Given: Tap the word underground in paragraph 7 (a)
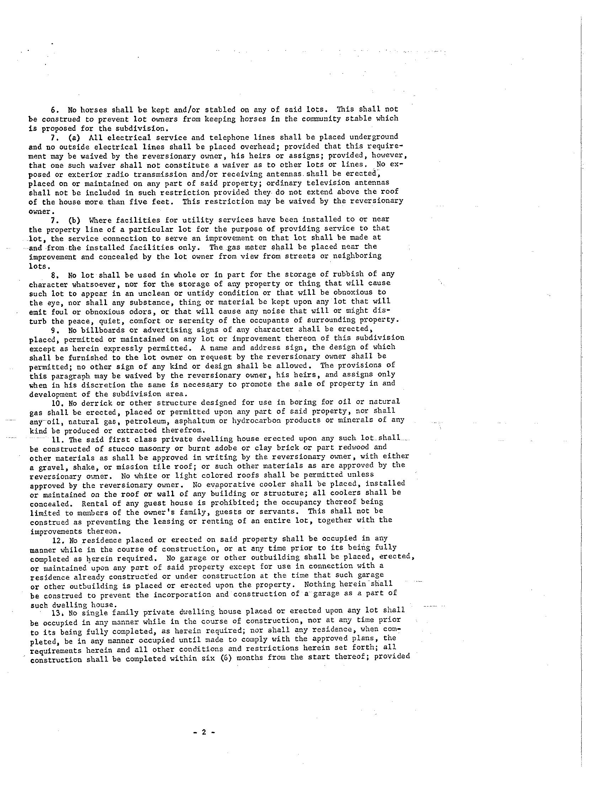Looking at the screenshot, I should click(374, 137).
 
